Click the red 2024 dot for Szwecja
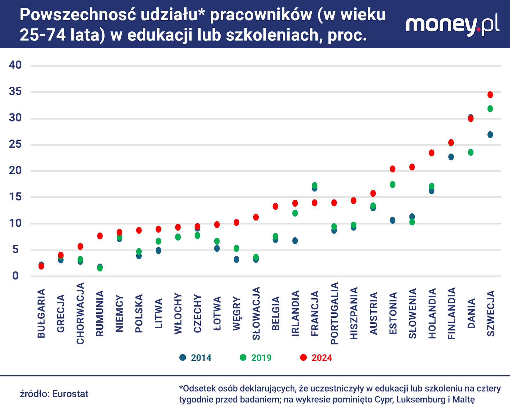coord(490,95)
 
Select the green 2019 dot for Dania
coord(471,152)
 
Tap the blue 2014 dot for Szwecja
coord(490,135)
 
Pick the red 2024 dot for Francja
coord(315,203)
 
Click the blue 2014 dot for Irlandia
coord(295,241)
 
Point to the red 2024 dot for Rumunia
coord(100,236)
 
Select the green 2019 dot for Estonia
coord(392,185)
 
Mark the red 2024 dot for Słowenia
coord(412,167)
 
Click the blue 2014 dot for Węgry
coord(236,259)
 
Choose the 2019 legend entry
coord(256,358)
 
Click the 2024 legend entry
coord(316,358)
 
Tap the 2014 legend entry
coord(196,358)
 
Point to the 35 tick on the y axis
coord(15,92)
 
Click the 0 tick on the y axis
coord(15,276)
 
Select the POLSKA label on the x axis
coord(139,313)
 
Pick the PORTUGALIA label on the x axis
coord(334,313)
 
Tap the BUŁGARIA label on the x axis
coord(41,313)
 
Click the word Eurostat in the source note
coord(70,394)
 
